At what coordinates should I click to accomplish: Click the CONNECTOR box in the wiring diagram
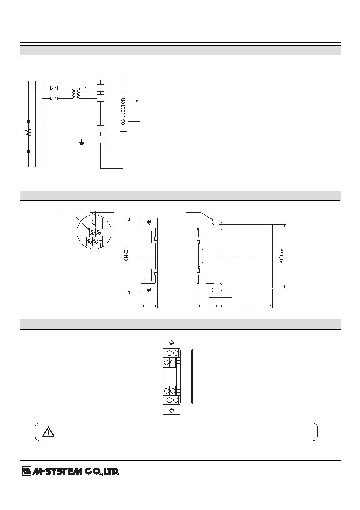(123, 111)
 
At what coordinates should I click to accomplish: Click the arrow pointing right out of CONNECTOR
(133, 101)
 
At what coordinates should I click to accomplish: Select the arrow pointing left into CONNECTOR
(134, 122)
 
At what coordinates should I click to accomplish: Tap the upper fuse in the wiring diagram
(54, 88)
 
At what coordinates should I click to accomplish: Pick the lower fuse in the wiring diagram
(54, 99)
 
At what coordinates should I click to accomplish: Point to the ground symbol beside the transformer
(86, 90)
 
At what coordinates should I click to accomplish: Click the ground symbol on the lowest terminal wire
(82, 142)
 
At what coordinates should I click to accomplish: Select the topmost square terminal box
(100, 88)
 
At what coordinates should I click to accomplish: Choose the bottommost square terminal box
(100, 139)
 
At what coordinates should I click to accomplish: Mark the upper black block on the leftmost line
(28, 122)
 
